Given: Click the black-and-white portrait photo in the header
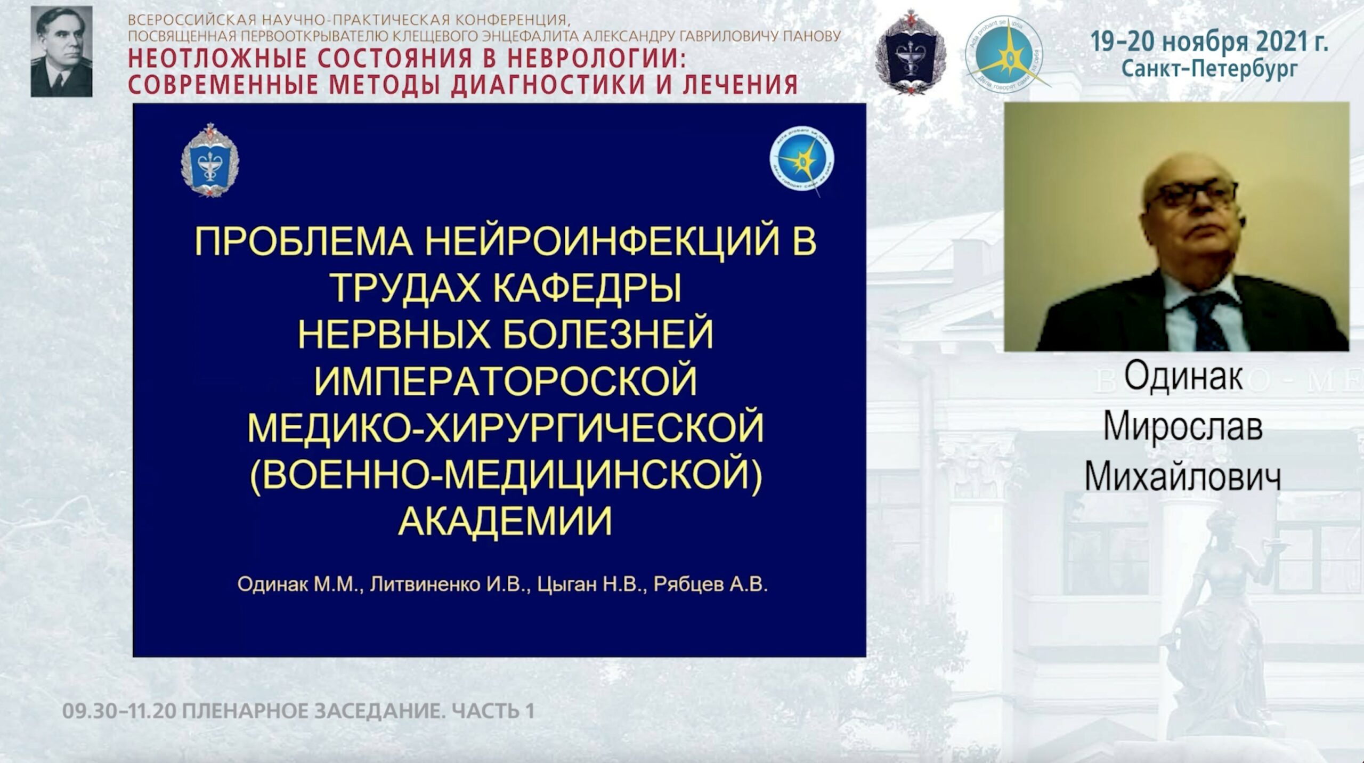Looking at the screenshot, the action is (x=61, y=52).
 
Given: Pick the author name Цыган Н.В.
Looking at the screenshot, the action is (x=591, y=585).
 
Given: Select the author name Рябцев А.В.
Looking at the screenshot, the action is (x=710, y=585).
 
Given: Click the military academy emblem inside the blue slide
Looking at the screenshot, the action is (x=209, y=160).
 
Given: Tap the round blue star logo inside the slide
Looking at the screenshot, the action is (x=801, y=160).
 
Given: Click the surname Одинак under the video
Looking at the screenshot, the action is (x=1183, y=377).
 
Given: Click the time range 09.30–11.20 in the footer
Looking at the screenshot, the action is (x=118, y=711).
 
